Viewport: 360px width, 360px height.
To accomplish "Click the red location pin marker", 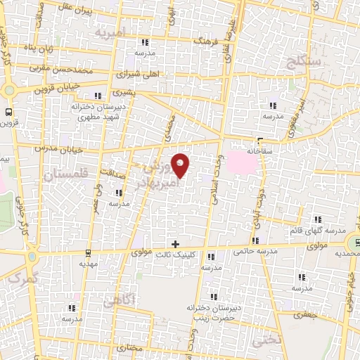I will pyautogui.click(x=181, y=165).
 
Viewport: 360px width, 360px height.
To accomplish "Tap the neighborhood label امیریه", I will pyautogui.click(x=111, y=32).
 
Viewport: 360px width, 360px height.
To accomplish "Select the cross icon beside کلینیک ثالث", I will pyautogui.click(x=175, y=245).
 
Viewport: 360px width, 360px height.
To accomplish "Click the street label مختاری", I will pyautogui.click(x=150, y=347).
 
